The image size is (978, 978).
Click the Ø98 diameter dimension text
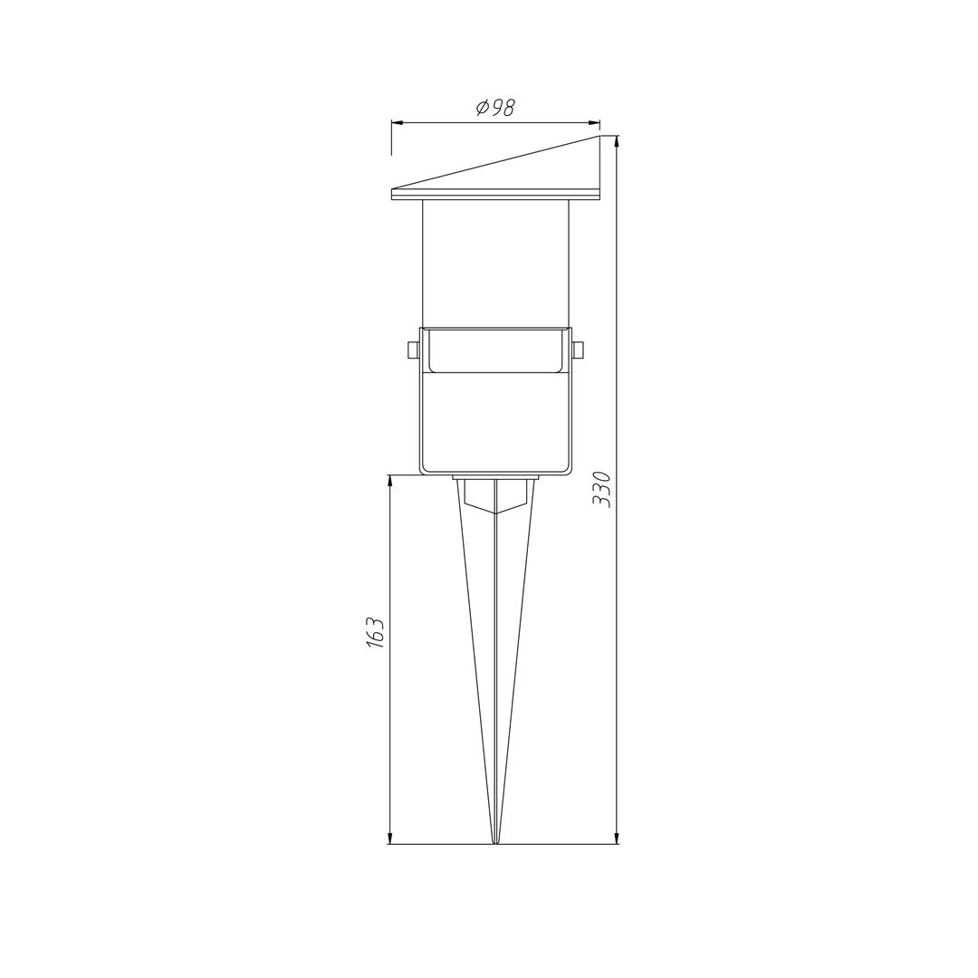pyautogui.click(x=496, y=107)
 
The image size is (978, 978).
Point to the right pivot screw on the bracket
pyautogui.click(x=577, y=350)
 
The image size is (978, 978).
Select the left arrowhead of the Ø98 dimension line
pyautogui.click(x=397, y=122)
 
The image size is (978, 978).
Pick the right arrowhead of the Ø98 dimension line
pyautogui.click(x=594, y=122)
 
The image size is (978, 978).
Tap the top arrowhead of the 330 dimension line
pyautogui.click(x=617, y=141)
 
